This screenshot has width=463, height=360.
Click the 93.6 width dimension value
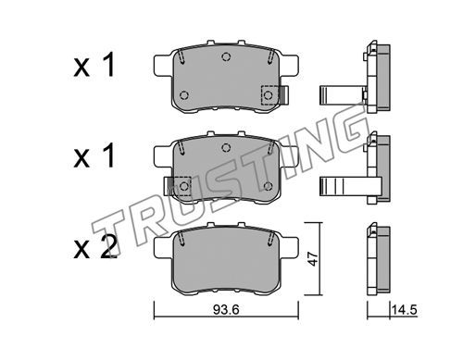226,310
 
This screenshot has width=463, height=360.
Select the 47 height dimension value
313,258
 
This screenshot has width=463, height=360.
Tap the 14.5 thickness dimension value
405,310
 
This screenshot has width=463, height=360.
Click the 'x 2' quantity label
95,246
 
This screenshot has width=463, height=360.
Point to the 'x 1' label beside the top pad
94,65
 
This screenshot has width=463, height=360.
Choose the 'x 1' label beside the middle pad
94,155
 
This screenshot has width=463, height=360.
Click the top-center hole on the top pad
226,56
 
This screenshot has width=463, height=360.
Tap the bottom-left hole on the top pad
184,95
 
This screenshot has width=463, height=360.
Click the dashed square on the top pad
269,95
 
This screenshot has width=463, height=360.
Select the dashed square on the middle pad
182,186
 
